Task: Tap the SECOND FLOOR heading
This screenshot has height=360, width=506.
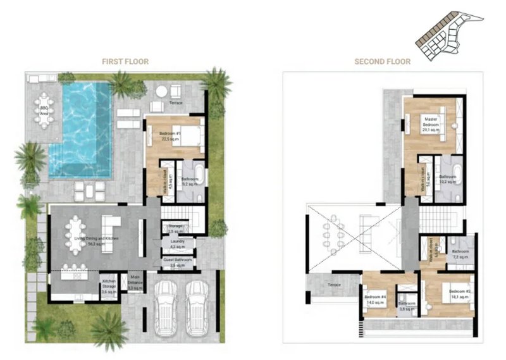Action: click(x=382, y=61)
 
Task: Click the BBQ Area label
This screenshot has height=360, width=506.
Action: click(x=44, y=111)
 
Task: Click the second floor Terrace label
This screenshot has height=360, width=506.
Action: click(x=333, y=285)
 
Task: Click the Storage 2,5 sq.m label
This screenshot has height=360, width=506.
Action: click(x=175, y=228)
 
